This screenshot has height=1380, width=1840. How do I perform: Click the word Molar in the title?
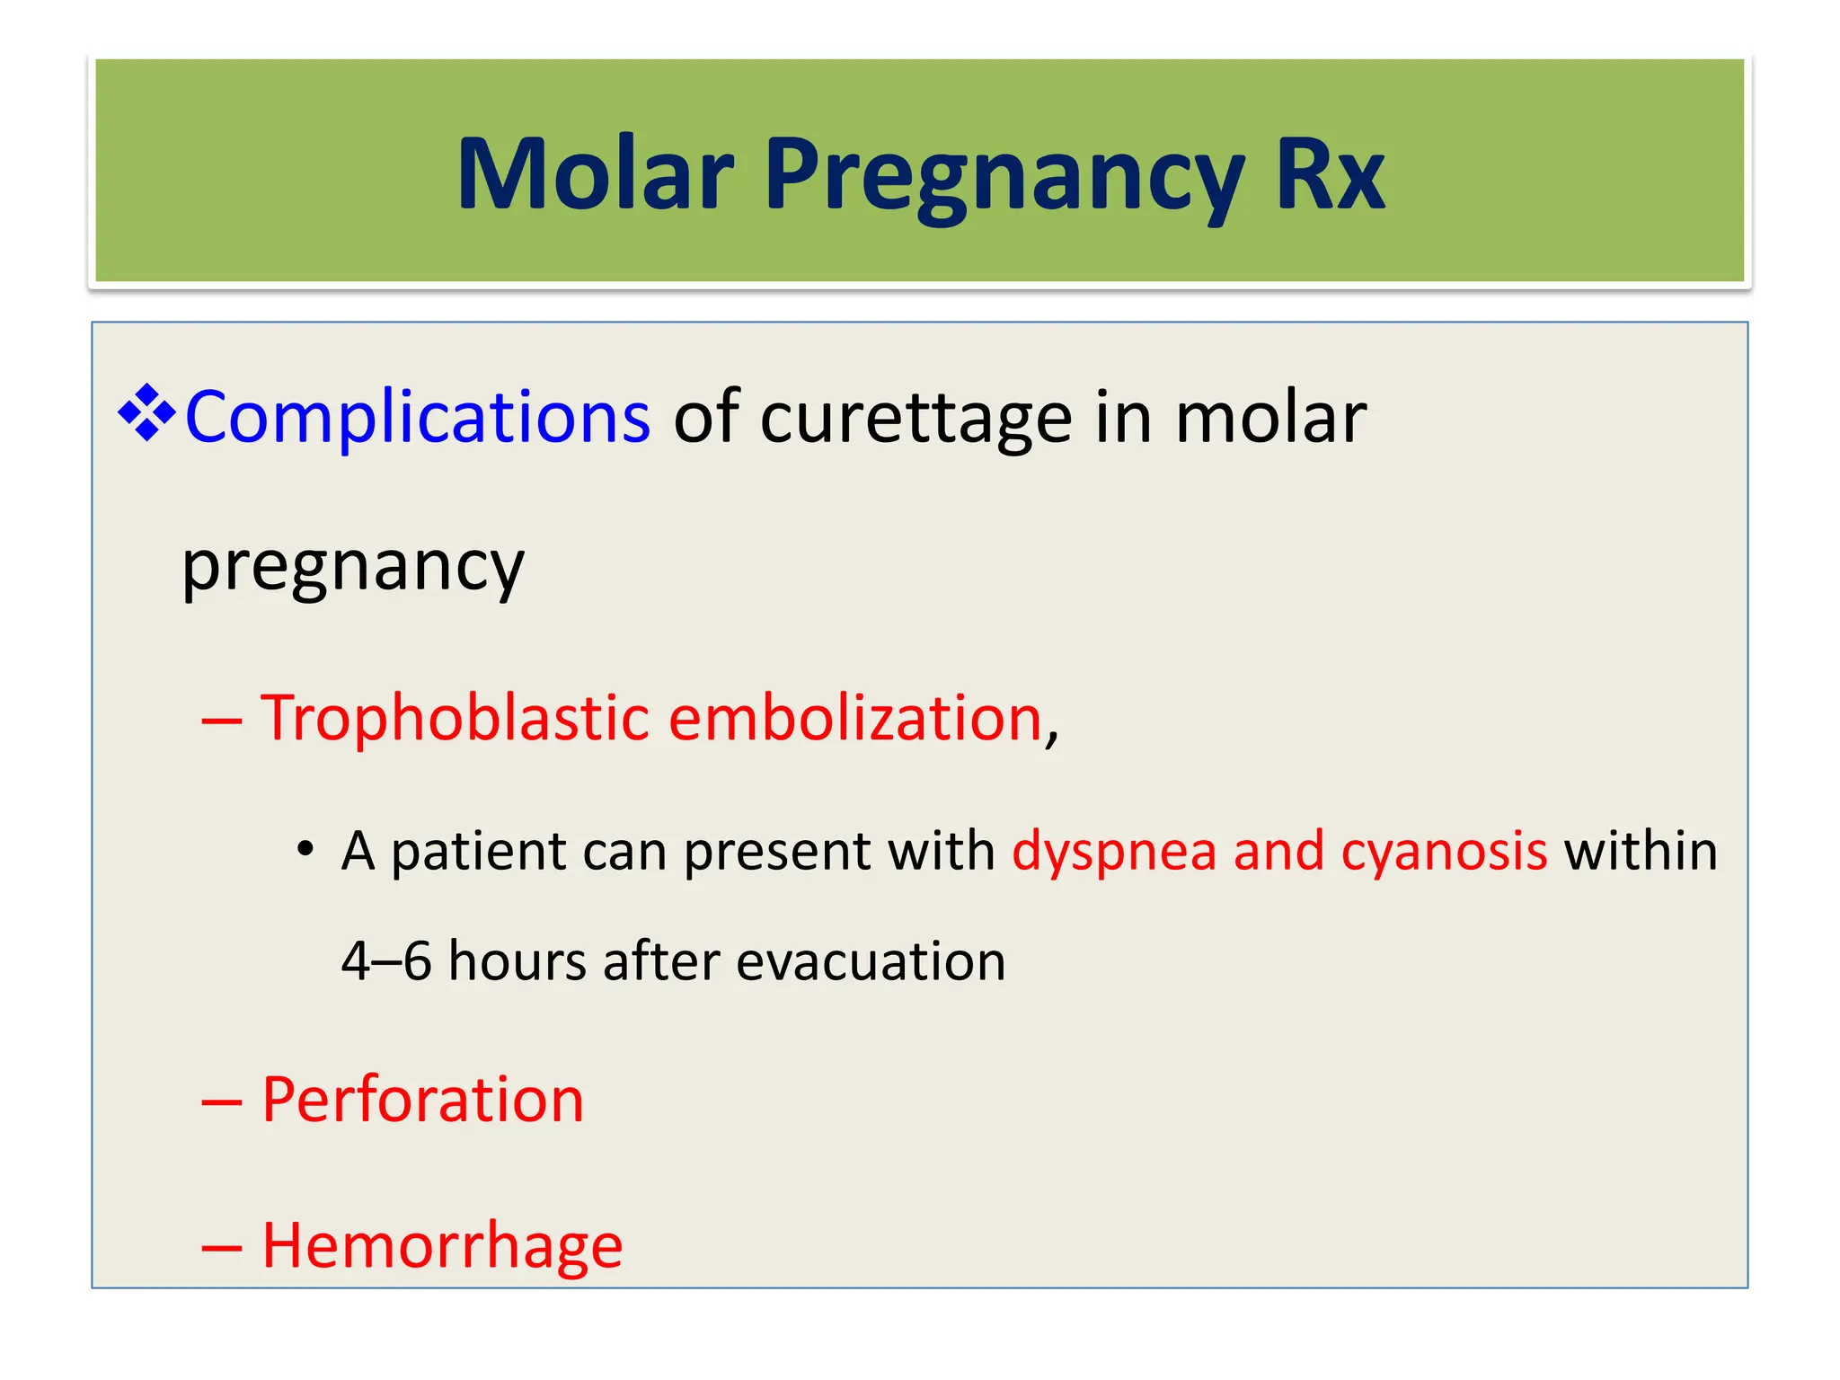coord(595,174)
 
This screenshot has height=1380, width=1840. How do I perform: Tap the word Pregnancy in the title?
coord(1004,174)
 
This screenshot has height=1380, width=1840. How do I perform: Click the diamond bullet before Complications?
coord(146,414)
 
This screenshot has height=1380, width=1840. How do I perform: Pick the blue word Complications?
coord(417,418)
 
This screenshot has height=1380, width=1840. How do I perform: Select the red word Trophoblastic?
coord(455,718)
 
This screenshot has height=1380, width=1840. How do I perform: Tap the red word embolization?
coord(854,718)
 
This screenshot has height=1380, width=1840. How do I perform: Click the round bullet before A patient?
coord(305,849)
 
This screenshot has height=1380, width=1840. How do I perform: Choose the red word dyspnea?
coord(1113,852)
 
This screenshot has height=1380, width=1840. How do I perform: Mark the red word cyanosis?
coord(1444,851)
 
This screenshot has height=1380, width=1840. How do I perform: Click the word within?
coord(1641,851)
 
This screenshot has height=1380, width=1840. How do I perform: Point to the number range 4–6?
coord(386,961)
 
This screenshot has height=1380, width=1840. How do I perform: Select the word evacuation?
coord(870,961)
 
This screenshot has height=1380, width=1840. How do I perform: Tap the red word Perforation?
coord(422,1100)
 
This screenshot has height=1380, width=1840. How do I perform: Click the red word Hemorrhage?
coord(442,1246)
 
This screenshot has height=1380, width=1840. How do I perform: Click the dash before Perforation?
coord(221,1103)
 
